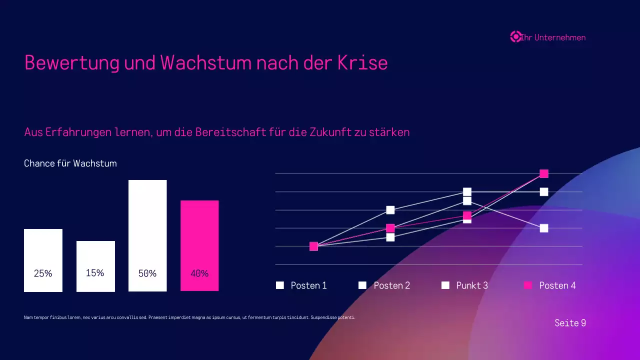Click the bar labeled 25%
click(43, 260)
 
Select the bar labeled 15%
click(95, 266)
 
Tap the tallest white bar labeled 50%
click(147, 235)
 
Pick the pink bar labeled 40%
click(199, 245)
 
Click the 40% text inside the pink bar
click(199, 273)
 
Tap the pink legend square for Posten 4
click(528, 285)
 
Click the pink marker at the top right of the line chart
click(544, 173)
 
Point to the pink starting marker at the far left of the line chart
click(313, 246)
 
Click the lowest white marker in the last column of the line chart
click(544, 228)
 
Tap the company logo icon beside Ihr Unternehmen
click(515, 36)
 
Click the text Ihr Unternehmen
click(553, 37)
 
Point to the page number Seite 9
click(570, 323)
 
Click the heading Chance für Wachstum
click(70, 163)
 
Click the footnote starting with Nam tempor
click(189, 317)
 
